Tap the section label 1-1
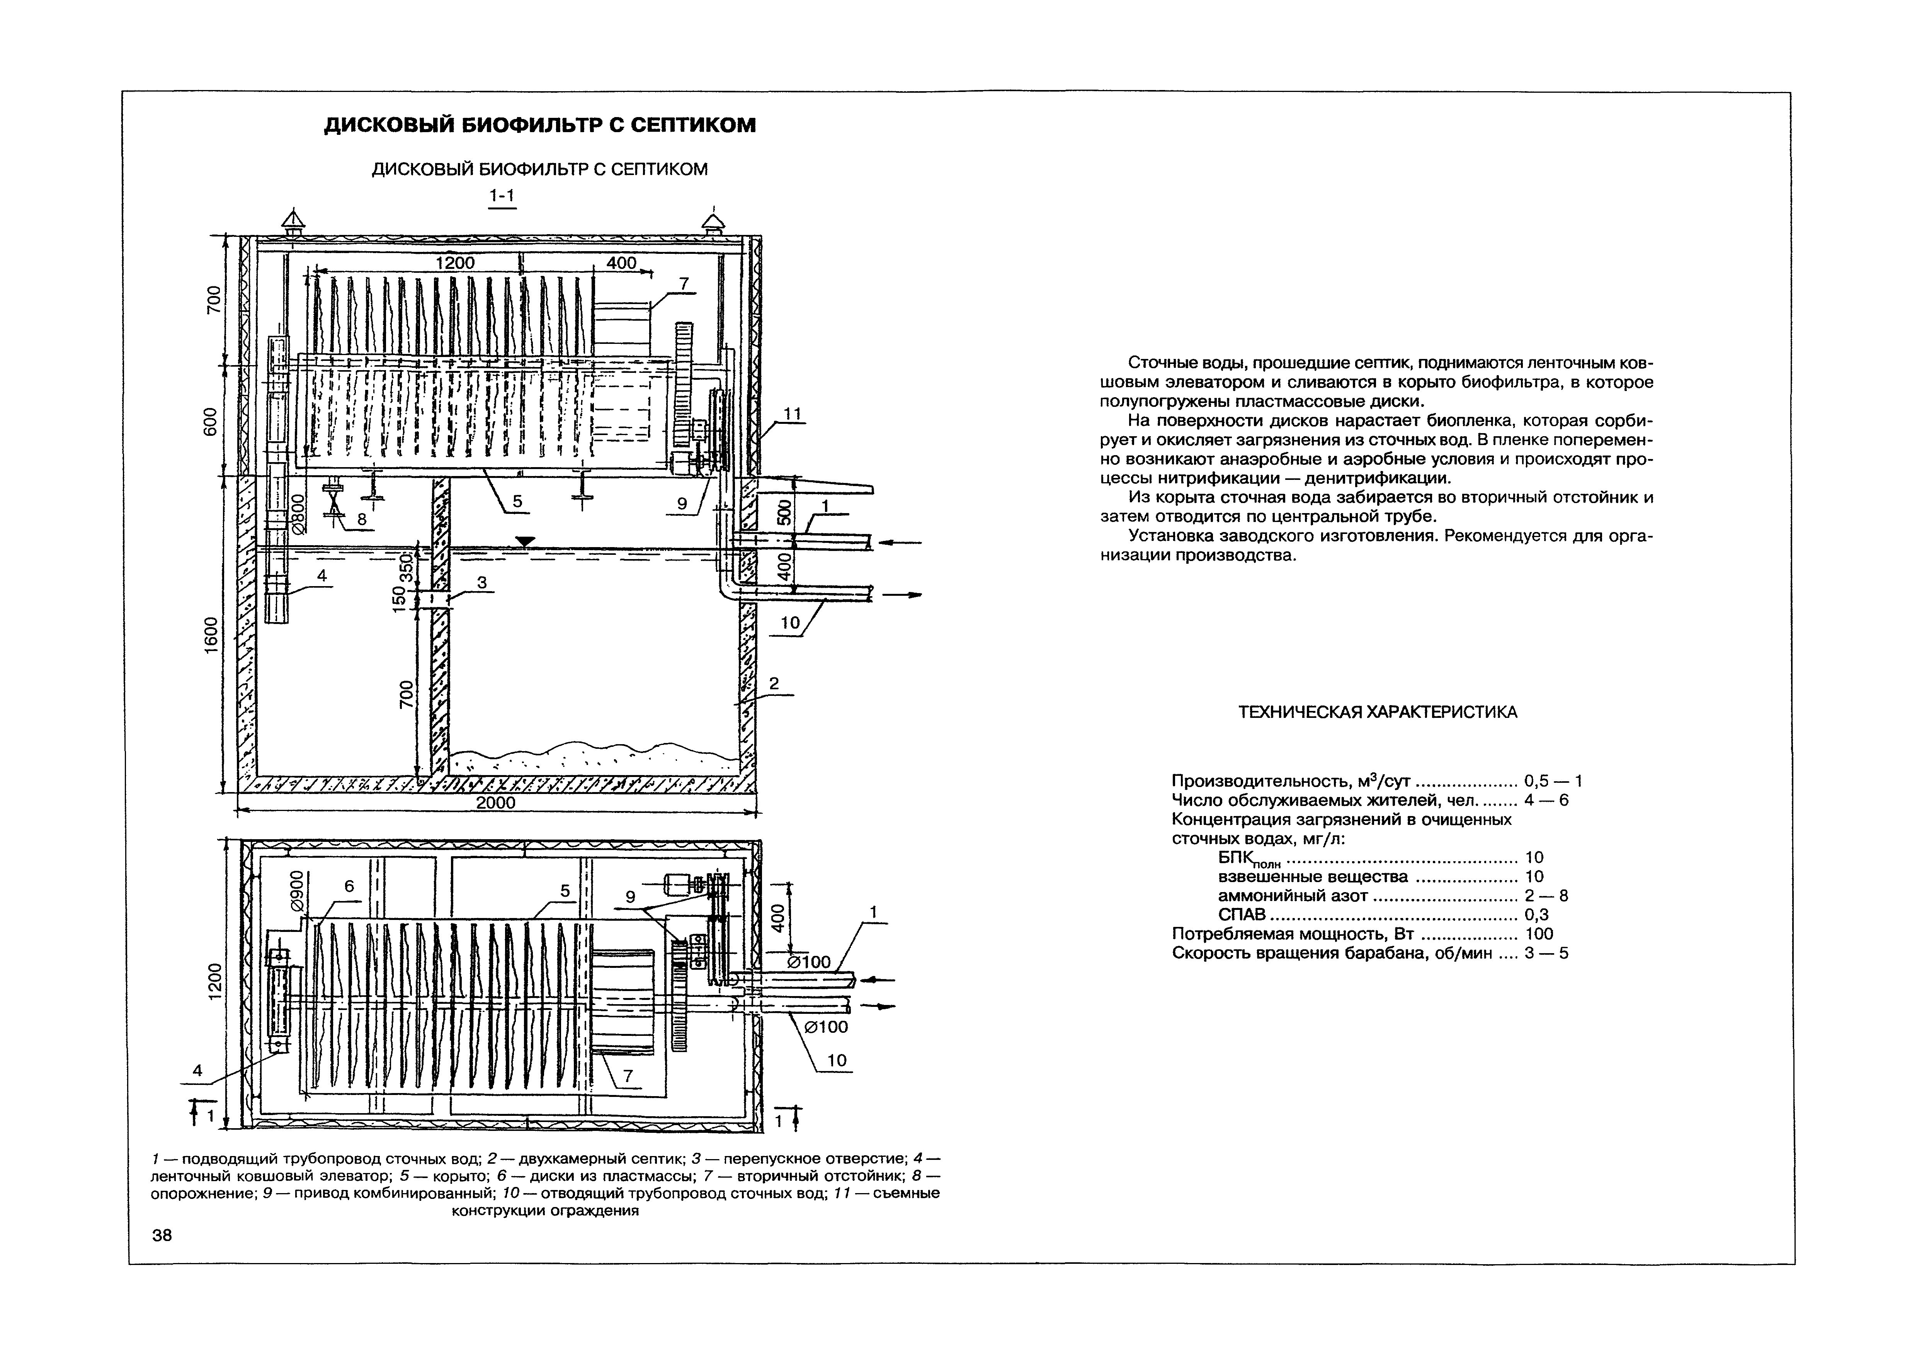click(502, 196)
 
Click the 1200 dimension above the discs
click(455, 263)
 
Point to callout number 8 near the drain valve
click(362, 519)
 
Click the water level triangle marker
click(524, 541)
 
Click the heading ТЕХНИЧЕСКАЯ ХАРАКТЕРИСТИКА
click(1377, 712)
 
